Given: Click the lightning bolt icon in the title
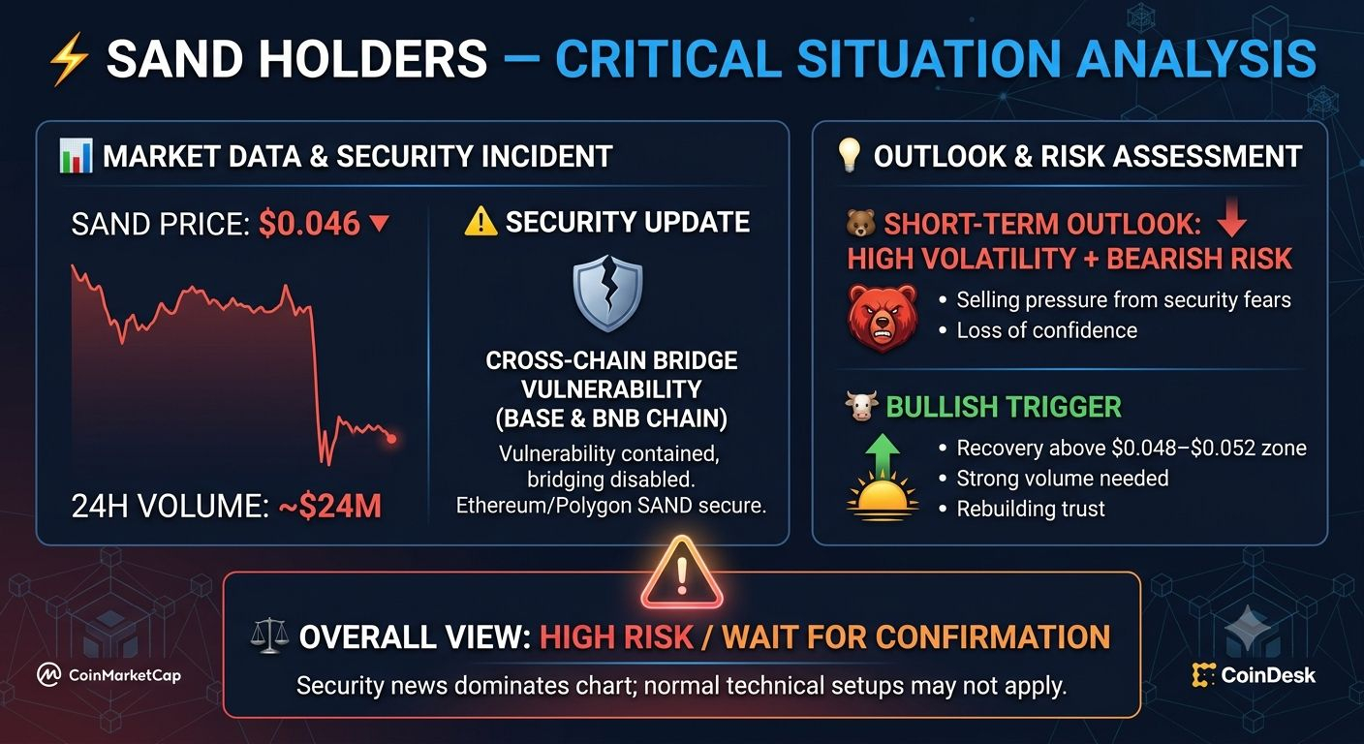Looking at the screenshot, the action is pyautogui.click(x=69, y=60).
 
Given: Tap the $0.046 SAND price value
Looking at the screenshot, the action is pyautogui.click(x=309, y=224).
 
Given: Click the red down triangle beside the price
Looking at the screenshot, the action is pyautogui.click(x=379, y=223).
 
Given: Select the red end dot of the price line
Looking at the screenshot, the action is pyautogui.click(x=391, y=439).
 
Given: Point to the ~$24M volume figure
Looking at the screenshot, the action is pyautogui.click(x=330, y=506).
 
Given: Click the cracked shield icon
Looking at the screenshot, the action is pyautogui.click(x=607, y=294).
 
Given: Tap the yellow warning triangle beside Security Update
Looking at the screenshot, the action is pyautogui.click(x=480, y=222).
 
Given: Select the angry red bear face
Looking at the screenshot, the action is pyautogui.click(x=882, y=317).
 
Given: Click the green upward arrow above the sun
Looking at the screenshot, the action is pyautogui.click(x=883, y=454).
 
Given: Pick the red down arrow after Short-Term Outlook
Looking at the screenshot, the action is pyautogui.click(x=1232, y=217).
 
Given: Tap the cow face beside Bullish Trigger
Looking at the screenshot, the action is pyautogui.click(x=861, y=406).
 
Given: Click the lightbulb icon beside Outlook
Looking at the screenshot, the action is pyautogui.click(x=850, y=155).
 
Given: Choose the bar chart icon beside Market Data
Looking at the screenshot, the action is pyautogui.click(x=77, y=156).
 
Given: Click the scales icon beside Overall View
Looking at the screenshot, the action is pyautogui.click(x=269, y=635).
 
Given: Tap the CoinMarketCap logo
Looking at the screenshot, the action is pyautogui.click(x=109, y=674).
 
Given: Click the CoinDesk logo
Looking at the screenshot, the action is pyautogui.click(x=1254, y=675).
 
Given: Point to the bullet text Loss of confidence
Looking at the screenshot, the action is pyautogui.click(x=1047, y=330).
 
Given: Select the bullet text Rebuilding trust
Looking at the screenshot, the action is pyautogui.click(x=1031, y=509).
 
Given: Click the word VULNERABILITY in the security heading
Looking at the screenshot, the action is pyautogui.click(x=611, y=389).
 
